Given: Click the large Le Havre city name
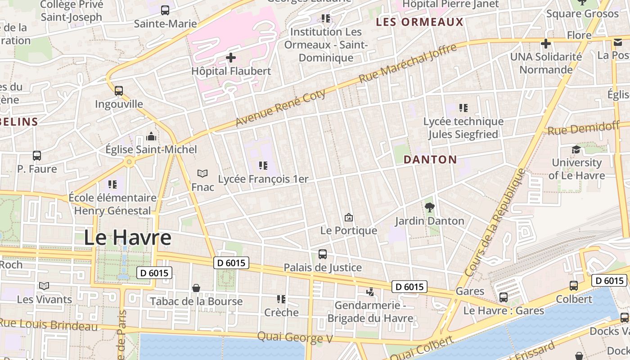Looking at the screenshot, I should tap(128, 238).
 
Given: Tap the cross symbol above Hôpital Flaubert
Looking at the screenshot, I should tap(231, 58).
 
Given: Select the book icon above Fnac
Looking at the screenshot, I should tap(202, 173).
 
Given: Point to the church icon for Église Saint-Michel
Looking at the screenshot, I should tap(151, 136).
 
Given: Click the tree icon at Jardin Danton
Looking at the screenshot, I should tap(430, 207).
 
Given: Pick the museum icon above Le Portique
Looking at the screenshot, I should tap(348, 218).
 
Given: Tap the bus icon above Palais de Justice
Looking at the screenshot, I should tap(323, 254).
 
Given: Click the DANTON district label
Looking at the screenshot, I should tap(430, 159).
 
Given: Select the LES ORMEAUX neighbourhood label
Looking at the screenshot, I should tap(419, 22).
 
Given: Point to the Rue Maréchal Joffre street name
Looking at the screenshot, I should tap(408, 63).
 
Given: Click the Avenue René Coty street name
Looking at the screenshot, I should tap(281, 107).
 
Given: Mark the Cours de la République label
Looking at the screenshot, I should tap(495, 222).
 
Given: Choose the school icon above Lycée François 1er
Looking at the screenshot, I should tap(263, 166).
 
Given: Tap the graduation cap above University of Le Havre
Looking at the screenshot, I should tap(576, 150).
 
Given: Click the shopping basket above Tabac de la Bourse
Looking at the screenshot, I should tap(196, 288).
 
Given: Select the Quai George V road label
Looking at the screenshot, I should tap(295, 337).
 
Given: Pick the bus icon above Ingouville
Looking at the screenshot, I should tap(119, 91).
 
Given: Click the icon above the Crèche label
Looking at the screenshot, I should tap(281, 299).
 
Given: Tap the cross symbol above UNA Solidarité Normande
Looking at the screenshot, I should tap(546, 44).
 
